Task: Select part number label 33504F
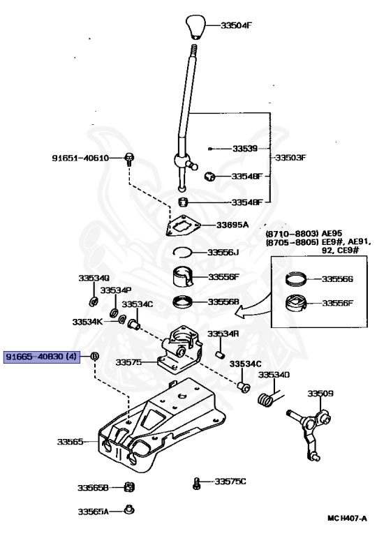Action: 237,25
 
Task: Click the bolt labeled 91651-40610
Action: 129,159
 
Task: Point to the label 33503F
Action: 290,158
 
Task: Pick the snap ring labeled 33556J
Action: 182,252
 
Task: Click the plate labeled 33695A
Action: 182,225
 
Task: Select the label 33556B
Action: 223,301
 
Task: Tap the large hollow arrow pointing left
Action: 253,308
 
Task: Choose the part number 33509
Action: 320,394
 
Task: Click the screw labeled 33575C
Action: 196,484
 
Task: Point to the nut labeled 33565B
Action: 129,487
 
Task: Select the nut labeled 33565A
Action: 129,509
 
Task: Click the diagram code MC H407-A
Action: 347,519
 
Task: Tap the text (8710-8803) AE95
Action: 304,234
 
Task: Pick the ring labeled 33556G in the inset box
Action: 296,278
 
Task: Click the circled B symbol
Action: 94,356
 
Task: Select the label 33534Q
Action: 94,278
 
